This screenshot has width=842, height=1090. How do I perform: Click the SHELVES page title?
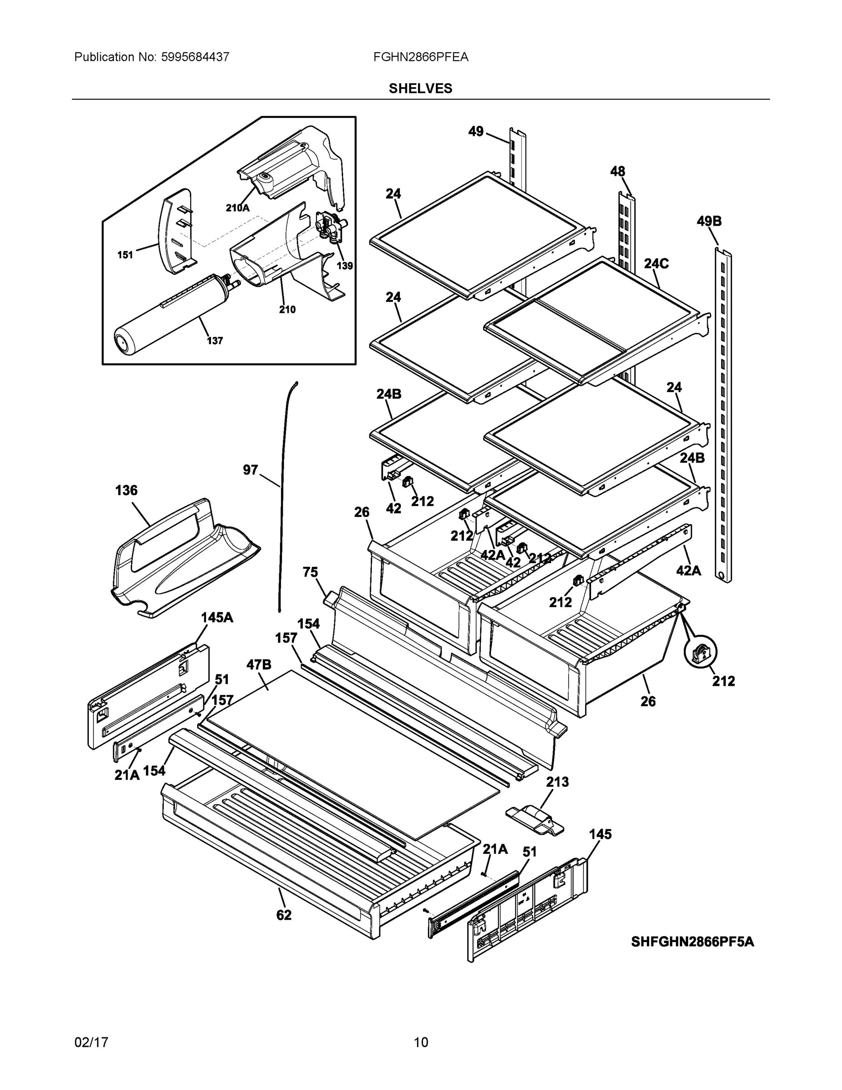420,89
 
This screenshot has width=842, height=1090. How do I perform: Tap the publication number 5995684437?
195,57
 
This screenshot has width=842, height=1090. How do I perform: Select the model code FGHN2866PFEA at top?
420,57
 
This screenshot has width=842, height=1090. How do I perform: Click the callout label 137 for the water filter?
215,341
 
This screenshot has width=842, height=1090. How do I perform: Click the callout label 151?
125,255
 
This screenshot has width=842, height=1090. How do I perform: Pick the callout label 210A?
237,208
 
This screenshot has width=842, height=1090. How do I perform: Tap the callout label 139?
344,266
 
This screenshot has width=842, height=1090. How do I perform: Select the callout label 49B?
709,221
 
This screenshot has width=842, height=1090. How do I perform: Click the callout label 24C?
656,263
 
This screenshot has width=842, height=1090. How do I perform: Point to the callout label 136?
126,490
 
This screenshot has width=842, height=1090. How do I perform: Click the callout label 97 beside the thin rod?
251,470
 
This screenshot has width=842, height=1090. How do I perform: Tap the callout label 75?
310,572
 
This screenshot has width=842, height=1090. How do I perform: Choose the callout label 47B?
259,664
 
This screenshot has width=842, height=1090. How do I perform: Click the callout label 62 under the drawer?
284,915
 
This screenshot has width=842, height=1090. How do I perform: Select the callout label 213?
557,782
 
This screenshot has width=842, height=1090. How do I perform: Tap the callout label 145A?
217,617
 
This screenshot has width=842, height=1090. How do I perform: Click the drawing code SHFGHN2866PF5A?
692,942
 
